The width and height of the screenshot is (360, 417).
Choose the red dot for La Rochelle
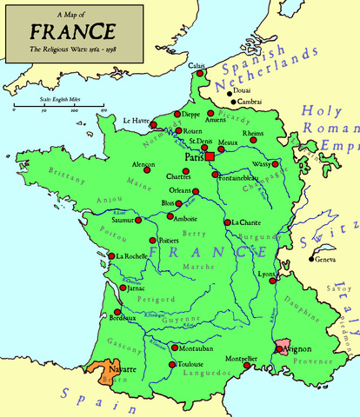(x=112, y=257)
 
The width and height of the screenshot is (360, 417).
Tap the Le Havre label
(x=137, y=120)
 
